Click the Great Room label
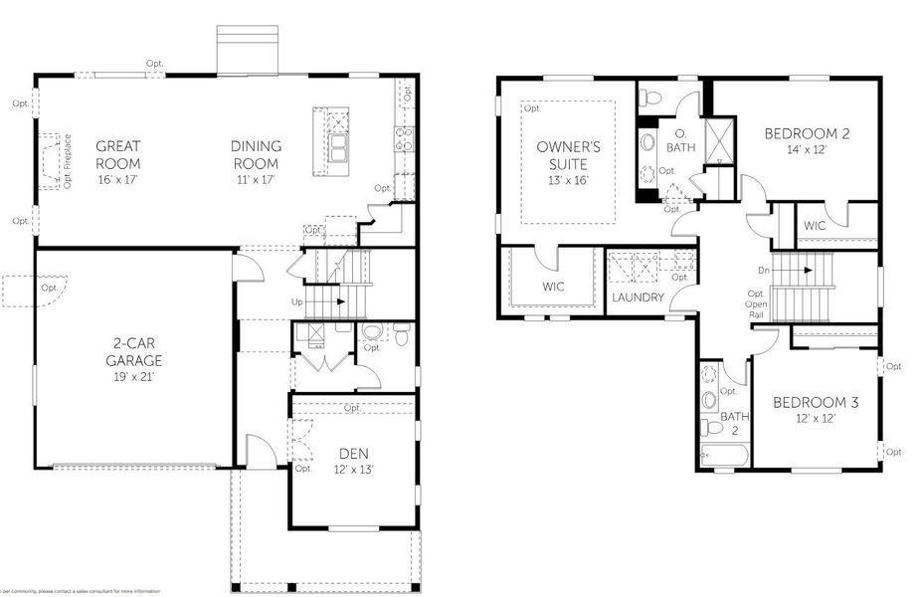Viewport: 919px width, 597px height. tap(117, 155)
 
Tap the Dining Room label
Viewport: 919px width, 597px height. tap(256, 155)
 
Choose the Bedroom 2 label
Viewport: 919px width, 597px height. tap(807, 133)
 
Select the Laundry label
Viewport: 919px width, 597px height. tap(638, 298)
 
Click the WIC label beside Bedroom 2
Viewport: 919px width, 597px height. tap(815, 226)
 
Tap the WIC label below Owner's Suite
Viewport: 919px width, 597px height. tap(554, 287)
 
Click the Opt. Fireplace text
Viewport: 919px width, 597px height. tap(68, 162)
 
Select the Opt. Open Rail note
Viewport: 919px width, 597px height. tap(757, 302)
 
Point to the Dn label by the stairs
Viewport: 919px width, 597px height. tap(763, 270)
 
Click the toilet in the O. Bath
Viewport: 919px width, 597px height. tap(650, 99)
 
